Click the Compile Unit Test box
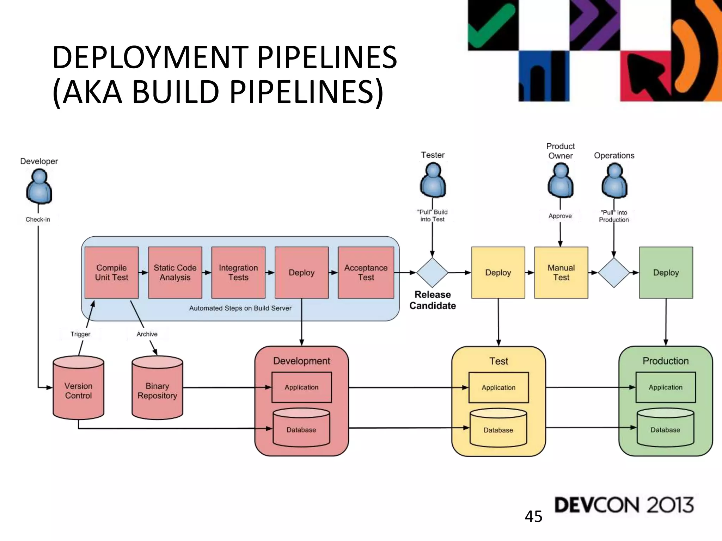[111, 272]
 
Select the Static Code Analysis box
[175, 272]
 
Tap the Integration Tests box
[238, 272]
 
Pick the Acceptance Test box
[366, 272]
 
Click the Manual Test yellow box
[561, 272]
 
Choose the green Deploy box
[666, 272]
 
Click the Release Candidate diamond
[432, 273]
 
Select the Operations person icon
[614, 181]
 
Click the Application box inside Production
[665, 387]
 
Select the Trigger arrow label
[80, 334]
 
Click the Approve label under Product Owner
[560, 216]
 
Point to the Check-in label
[38, 219]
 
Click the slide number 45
[533, 517]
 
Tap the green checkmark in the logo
[490, 26]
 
